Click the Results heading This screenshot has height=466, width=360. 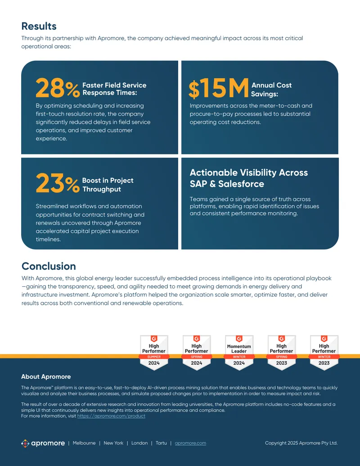(39, 26)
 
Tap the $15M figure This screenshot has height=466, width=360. (219, 88)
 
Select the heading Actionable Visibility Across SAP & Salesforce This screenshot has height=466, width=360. (249, 178)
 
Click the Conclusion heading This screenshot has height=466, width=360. (49, 266)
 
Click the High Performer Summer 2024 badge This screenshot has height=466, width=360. (154, 353)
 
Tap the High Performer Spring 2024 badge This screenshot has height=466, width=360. (196, 353)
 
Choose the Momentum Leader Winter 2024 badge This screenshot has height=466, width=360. (239, 353)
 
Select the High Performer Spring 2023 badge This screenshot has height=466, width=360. (282, 353)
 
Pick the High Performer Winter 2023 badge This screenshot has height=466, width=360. (324, 353)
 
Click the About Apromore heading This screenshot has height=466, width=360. (46, 376)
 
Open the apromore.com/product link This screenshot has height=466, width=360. (112, 416)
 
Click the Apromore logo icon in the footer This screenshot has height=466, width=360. (25, 443)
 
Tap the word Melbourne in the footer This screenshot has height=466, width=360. (84, 443)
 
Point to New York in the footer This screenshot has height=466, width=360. (113, 443)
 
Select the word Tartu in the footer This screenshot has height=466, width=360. (161, 443)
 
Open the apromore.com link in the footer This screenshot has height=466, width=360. (190, 443)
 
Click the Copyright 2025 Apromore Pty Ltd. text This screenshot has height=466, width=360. (301, 443)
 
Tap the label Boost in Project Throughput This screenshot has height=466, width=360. (108, 185)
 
